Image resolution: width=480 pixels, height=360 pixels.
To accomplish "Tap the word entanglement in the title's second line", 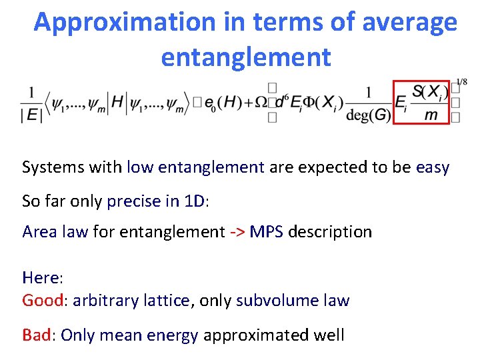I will [x=245, y=57].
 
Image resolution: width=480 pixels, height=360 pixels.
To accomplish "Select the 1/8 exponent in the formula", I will [x=460, y=82].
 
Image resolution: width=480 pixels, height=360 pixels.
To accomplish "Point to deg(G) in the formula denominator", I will [x=369, y=115].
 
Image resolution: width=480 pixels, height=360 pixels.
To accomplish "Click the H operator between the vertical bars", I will [x=118, y=102].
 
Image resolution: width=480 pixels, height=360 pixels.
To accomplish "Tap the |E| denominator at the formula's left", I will [x=31, y=115].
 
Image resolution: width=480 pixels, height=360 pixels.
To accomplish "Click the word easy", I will [x=433, y=167].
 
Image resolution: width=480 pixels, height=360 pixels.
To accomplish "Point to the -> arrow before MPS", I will [x=237, y=232].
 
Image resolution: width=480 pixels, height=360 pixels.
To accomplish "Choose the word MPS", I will [x=267, y=232].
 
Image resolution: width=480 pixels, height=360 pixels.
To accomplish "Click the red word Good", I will [x=42, y=301].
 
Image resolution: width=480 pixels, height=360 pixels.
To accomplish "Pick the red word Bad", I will [x=36, y=335].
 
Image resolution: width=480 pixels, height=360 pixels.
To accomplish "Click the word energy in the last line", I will [x=176, y=335].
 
